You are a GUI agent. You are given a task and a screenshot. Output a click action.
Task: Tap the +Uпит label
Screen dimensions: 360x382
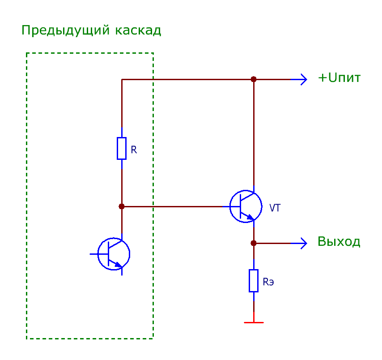tap(339, 78)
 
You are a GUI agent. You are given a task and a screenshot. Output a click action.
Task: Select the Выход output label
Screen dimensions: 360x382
tap(339, 242)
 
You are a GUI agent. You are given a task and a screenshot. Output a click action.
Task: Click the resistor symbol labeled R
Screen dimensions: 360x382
tap(122, 148)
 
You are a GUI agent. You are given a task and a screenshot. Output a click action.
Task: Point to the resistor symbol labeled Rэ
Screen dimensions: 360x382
tap(254, 281)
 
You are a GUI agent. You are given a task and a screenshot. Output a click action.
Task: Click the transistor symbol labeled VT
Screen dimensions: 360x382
tap(246, 206)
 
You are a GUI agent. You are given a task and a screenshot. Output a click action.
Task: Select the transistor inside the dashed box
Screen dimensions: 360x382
tap(114, 254)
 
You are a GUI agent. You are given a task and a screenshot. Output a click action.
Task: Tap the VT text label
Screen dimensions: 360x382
tap(276, 208)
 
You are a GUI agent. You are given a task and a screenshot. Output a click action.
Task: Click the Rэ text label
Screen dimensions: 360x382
tap(268, 282)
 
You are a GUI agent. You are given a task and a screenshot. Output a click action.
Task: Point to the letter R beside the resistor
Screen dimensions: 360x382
tap(134, 150)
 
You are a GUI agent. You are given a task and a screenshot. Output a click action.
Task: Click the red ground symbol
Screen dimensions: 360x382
tap(254, 322)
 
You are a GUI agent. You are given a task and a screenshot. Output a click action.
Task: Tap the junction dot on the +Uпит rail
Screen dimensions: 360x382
tap(254, 79)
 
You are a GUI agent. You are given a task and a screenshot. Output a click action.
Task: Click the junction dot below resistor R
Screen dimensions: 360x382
tap(122, 206)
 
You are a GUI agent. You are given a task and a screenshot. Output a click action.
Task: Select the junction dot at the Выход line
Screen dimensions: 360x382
tap(254, 243)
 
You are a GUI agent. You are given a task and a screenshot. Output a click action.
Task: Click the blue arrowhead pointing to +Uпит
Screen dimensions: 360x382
tap(303, 79)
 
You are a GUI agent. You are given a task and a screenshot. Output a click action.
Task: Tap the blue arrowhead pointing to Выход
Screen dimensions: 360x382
tap(303, 243)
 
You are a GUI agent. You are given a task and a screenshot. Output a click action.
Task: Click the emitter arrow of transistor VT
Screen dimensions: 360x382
tap(250, 217)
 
